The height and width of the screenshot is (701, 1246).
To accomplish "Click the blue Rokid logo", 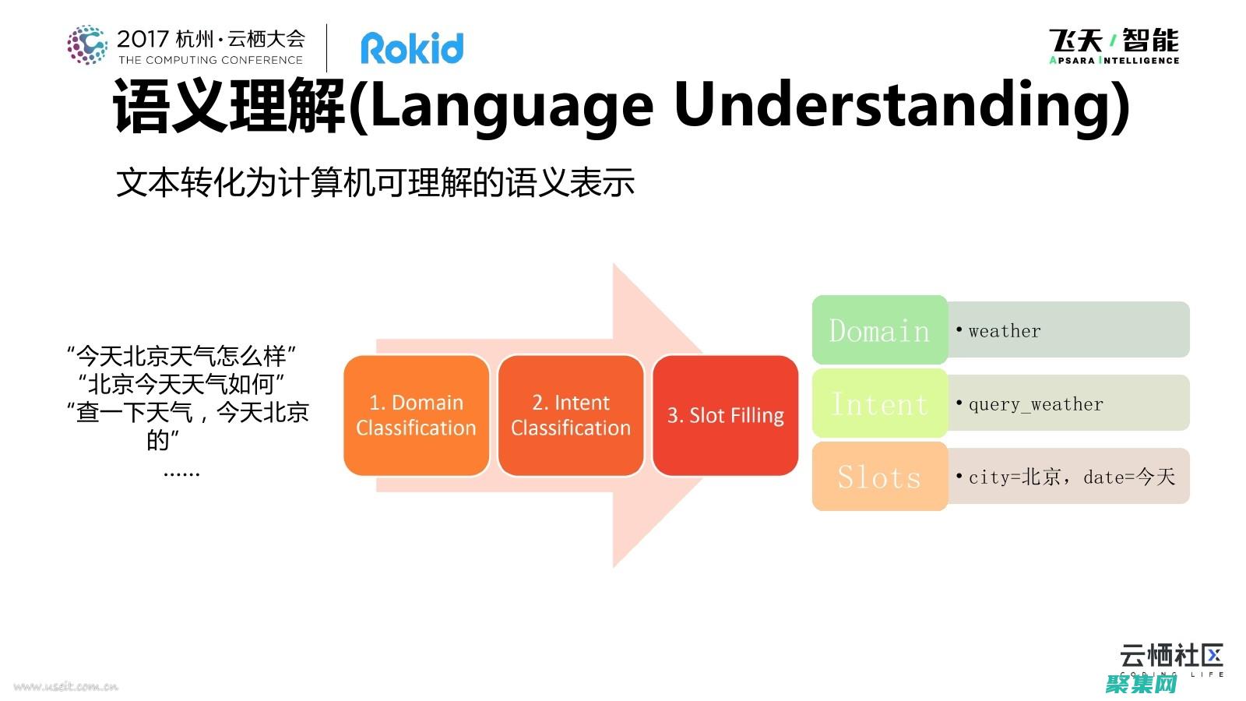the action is (412, 48).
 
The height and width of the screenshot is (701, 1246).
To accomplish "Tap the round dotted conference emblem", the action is (87, 44).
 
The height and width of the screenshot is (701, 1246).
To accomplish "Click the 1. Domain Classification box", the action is (417, 415).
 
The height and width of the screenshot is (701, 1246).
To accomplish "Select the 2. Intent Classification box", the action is (571, 415).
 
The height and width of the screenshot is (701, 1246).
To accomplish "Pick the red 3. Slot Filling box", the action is (725, 415).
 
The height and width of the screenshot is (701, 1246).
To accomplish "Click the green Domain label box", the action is (879, 330).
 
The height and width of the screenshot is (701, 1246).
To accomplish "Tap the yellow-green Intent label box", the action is (879, 403).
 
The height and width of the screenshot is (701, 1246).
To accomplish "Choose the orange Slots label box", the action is (879, 477).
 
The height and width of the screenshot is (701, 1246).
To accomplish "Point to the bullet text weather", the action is (1004, 331).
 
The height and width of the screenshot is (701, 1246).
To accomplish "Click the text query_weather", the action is (1036, 404).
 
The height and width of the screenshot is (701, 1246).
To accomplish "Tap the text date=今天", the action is (1129, 477).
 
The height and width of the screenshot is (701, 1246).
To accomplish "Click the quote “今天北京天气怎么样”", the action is (181, 356).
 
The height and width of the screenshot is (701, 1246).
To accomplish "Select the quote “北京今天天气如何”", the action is (181, 384).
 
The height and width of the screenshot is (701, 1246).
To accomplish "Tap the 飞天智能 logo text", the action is (1114, 41).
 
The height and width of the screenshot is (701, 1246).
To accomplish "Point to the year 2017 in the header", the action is (143, 39).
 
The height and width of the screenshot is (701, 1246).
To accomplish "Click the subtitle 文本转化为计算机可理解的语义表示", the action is (375, 182).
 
